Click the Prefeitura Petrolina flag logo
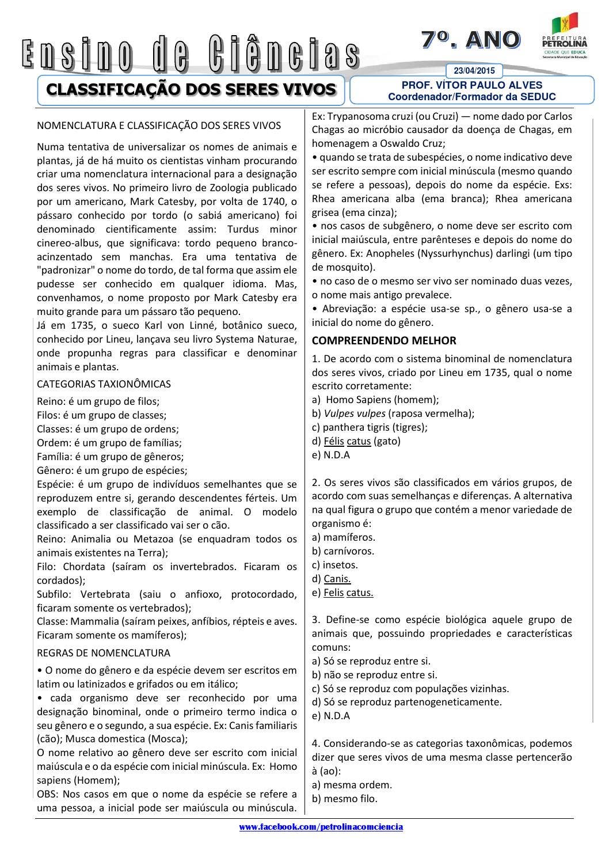[564, 25]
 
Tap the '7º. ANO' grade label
[470, 39]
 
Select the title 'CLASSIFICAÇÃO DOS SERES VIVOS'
[191, 89]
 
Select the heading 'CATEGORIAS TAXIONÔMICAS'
[104, 383]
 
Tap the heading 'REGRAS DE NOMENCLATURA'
[104, 653]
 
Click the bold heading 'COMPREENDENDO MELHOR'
[384, 340]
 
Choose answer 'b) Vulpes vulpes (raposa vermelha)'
[393, 413]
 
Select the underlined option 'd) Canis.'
[332, 579]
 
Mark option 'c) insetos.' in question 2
[334, 565]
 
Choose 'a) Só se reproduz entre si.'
[371, 661]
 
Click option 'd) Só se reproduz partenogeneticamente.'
[406, 702]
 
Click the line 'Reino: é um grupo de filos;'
[98, 401]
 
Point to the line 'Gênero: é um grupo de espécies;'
[112, 470]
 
